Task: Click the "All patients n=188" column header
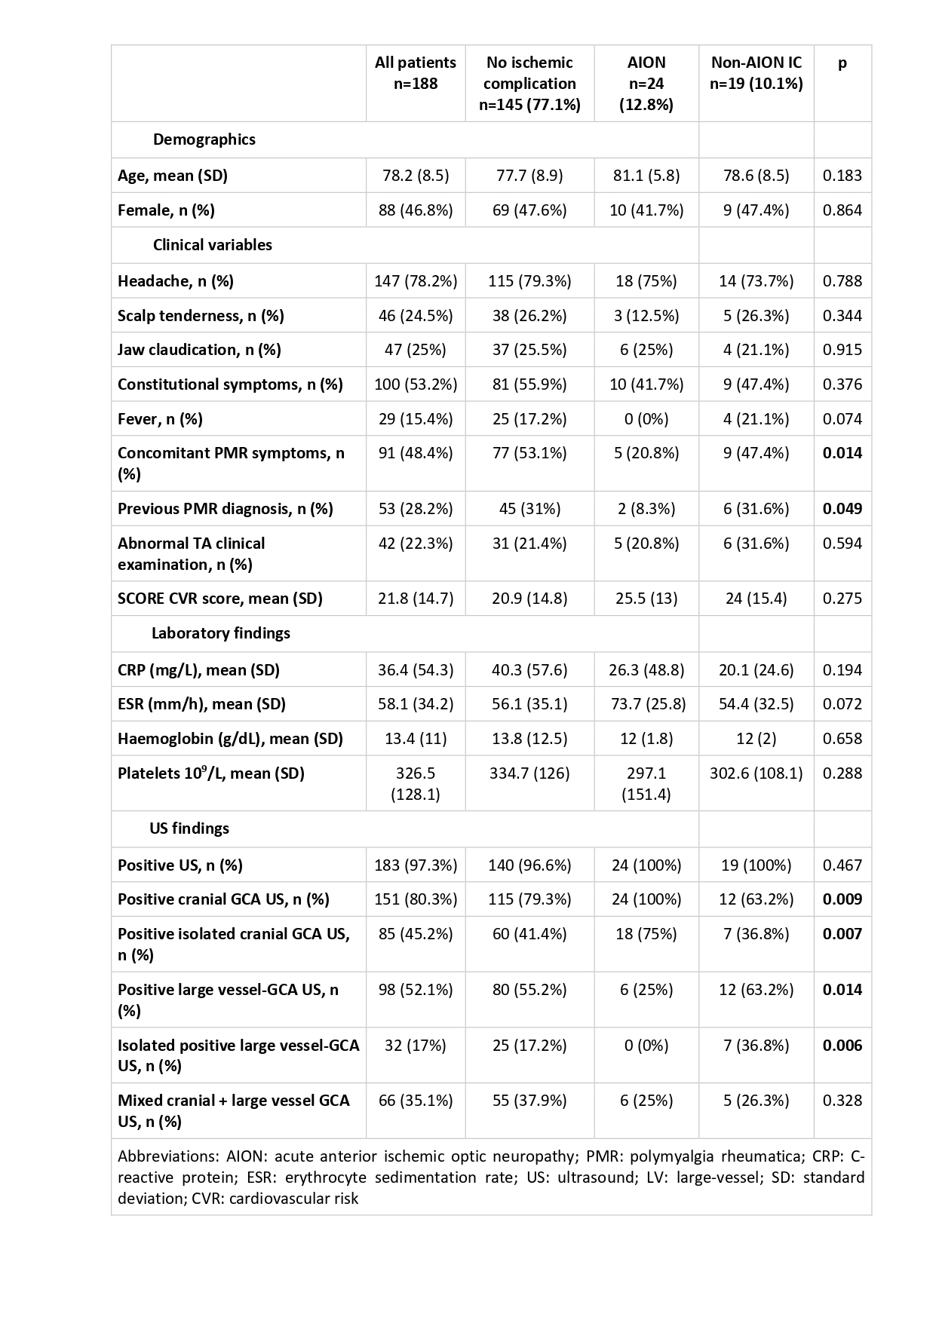pos(416,73)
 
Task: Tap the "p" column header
pos(842,63)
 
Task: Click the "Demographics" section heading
pos(204,139)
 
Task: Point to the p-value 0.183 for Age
pos(842,176)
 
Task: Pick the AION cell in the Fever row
pos(646,419)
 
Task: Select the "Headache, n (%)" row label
pos(176,281)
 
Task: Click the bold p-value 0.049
pos(842,509)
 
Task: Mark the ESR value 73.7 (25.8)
pos(646,704)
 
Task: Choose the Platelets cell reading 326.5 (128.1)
pos(416,783)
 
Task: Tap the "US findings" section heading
pos(189,828)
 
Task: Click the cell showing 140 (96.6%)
pos(529,865)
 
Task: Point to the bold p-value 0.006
pos(842,1046)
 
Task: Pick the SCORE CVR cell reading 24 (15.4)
pos(756,599)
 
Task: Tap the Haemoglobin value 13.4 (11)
pos(416,739)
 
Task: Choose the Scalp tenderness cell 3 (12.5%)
pos(646,316)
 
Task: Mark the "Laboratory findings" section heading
pos(220,633)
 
